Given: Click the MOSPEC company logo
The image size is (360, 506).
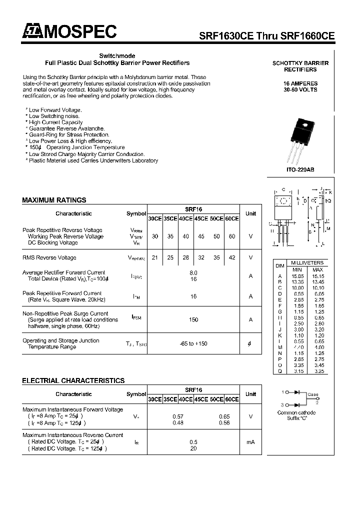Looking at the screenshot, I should tap(69, 32).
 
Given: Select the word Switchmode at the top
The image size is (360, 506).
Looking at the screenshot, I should tap(117, 56).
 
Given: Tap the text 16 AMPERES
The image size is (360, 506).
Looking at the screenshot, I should tap(300, 83).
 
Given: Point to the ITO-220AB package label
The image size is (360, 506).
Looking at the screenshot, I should tap(300, 170).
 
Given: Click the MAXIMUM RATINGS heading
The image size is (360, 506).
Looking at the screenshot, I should tap(54, 200).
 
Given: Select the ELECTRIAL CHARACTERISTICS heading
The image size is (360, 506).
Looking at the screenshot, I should tap(73, 381).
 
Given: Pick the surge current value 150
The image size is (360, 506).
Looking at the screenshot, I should tap(193, 319).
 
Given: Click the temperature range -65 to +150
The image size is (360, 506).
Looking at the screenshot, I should tap(193, 343).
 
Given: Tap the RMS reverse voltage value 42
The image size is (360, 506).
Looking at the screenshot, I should tap(232, 257).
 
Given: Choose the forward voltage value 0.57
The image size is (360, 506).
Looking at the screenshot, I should tap(177, 416).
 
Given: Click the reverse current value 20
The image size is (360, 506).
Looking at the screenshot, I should tap(193, 448).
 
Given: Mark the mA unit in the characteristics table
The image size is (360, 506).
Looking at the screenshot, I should tap(250, 442).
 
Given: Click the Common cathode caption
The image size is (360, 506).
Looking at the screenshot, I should tap(296, 412).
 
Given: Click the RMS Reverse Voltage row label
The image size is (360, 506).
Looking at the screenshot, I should tap(49, 257).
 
